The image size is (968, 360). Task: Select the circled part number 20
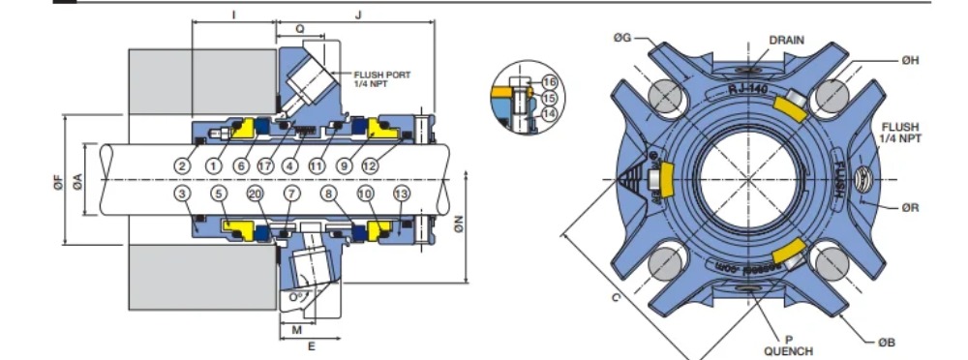pyautogui.click(x=256, y=195)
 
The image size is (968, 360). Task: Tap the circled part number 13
pyautogui.click(x=403, y=195)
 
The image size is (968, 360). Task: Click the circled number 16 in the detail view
pyautogui.click(x=550, y=81)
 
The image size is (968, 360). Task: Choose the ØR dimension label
pyautogui.click(x=909, y=206)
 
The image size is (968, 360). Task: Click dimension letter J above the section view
pyautogui.click(x=359, y=15)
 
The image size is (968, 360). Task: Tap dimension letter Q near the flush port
pyautogui.click(x=300, y=29)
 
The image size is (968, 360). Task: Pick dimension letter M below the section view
pyautogui.click(x=296, y=328)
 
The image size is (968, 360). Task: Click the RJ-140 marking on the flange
pyautogui.click(x=747, y=89)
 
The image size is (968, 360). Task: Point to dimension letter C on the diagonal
pyautogui.click(x=616, y=297)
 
